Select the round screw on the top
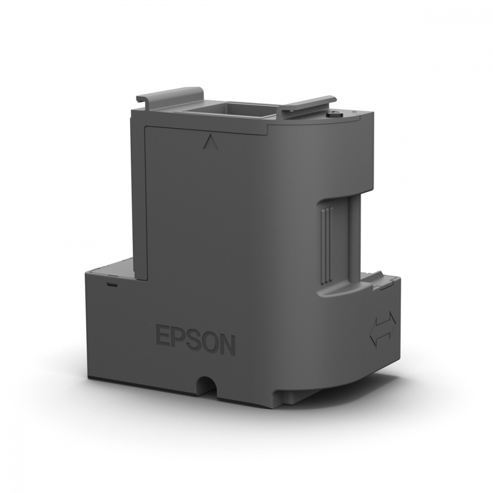[x=331, y=115]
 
